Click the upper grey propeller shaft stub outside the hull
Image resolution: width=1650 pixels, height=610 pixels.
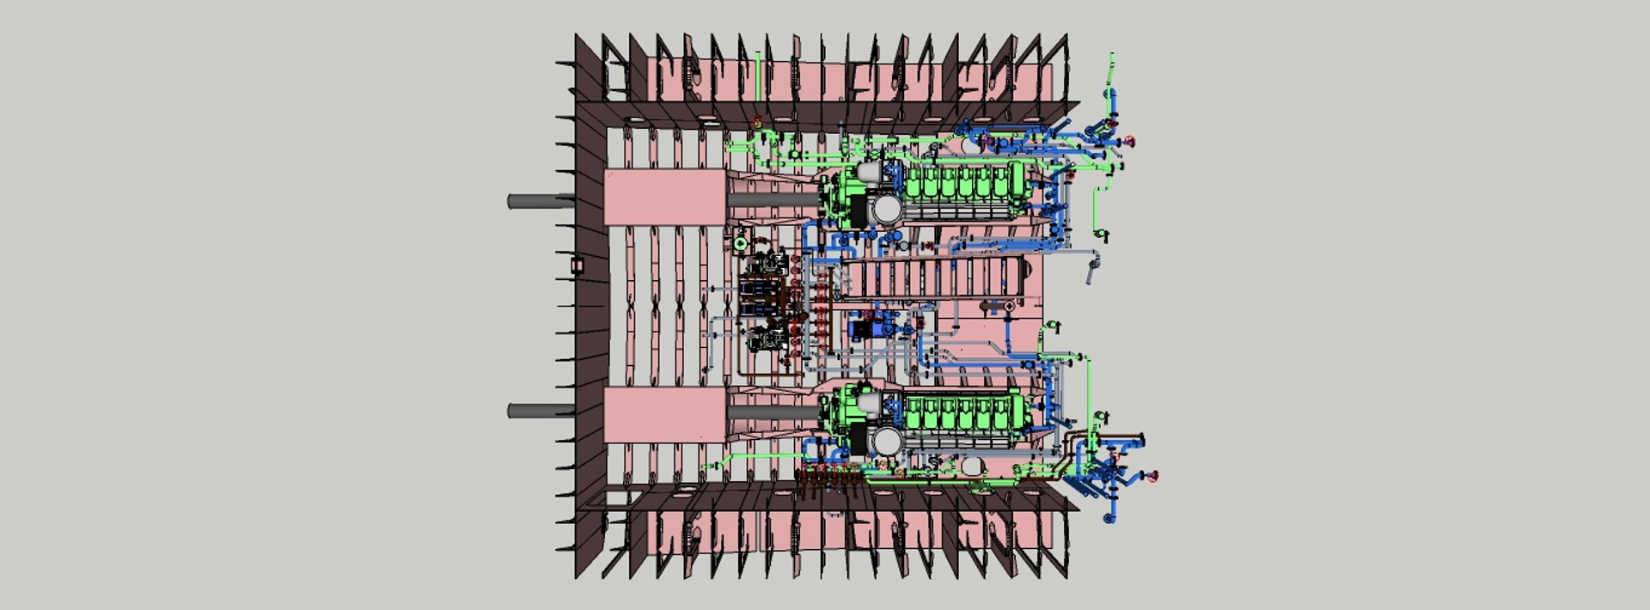(x=537, y=202)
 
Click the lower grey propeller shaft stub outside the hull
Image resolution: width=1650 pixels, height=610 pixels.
(x=537, y=411)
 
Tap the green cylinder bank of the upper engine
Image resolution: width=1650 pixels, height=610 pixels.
(x=962, y=182)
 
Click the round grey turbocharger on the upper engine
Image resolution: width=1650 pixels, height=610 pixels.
(x=885, y=209)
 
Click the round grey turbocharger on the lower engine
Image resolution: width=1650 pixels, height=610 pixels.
(x=885, y=442)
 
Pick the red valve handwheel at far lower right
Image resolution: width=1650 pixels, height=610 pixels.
(x=1155, y=476)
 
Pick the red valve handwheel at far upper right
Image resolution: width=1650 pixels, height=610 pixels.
(x=1130, y=142)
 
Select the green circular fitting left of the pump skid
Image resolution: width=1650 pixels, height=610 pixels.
(x=742, y=245)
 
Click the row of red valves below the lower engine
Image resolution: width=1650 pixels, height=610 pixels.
(x=829, y=472)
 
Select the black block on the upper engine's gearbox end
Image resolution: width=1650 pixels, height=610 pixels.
(x=857, y=209)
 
